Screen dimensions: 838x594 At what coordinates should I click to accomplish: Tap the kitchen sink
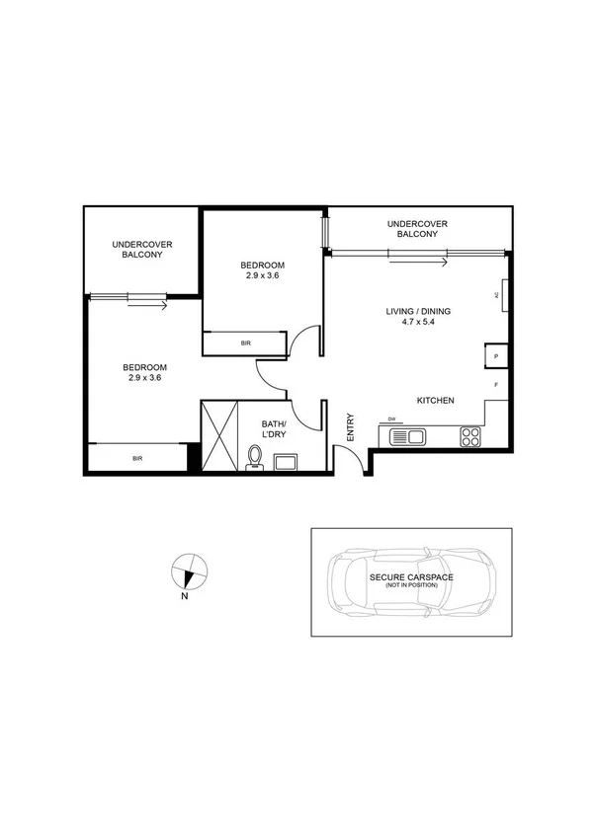click(407, 435)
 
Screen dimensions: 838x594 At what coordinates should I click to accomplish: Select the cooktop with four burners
click(470, 434)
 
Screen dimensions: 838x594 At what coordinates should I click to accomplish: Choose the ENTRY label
click(350, 425)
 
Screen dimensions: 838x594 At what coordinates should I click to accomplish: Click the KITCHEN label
click(435, 401)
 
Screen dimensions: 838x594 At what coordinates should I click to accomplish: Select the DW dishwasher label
click(392, 419)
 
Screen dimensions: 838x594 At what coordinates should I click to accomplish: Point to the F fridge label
click(496, 384)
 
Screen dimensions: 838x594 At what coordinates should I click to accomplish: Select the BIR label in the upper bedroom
click(244, 343)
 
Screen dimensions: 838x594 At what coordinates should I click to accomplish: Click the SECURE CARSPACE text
click(412, 576)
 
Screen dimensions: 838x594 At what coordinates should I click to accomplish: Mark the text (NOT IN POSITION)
click(412, 585)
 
